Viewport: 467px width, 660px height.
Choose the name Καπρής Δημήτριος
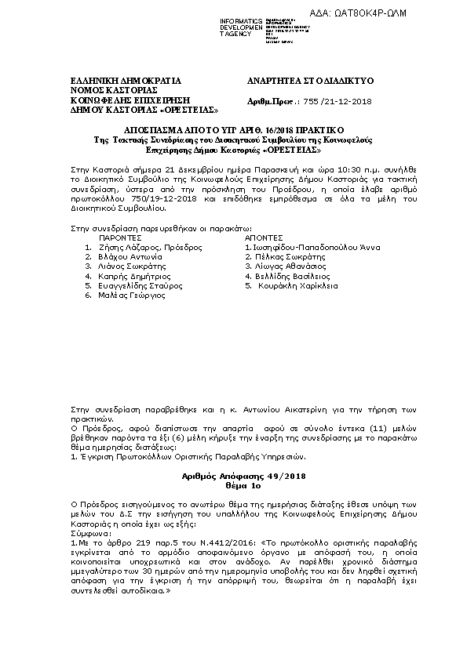(135, 277)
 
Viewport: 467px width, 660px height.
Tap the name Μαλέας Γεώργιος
(131, 296)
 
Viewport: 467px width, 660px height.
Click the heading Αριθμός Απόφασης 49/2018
(235, 477)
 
